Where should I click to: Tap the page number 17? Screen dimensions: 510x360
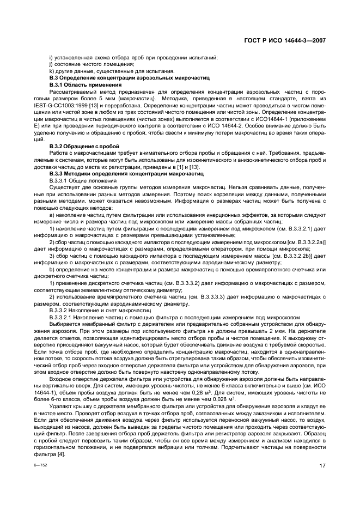tap(322, 465)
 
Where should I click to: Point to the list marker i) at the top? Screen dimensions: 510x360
tap(51, 57)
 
